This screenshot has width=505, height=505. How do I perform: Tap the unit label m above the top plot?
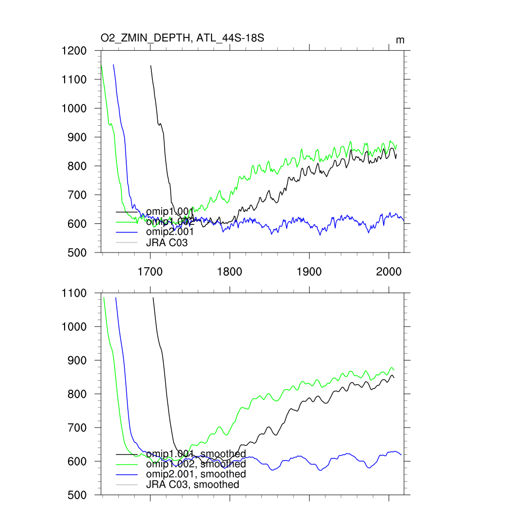pos(400,40)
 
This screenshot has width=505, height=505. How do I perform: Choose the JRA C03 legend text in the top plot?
pos(167,243)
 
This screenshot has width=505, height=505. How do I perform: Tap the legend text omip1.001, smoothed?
pos(196,454)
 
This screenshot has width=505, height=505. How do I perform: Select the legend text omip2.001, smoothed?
pos(196,474)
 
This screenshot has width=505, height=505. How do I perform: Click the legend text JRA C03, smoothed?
pos(192,485)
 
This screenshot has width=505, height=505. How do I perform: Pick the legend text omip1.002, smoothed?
pos(196,464)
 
